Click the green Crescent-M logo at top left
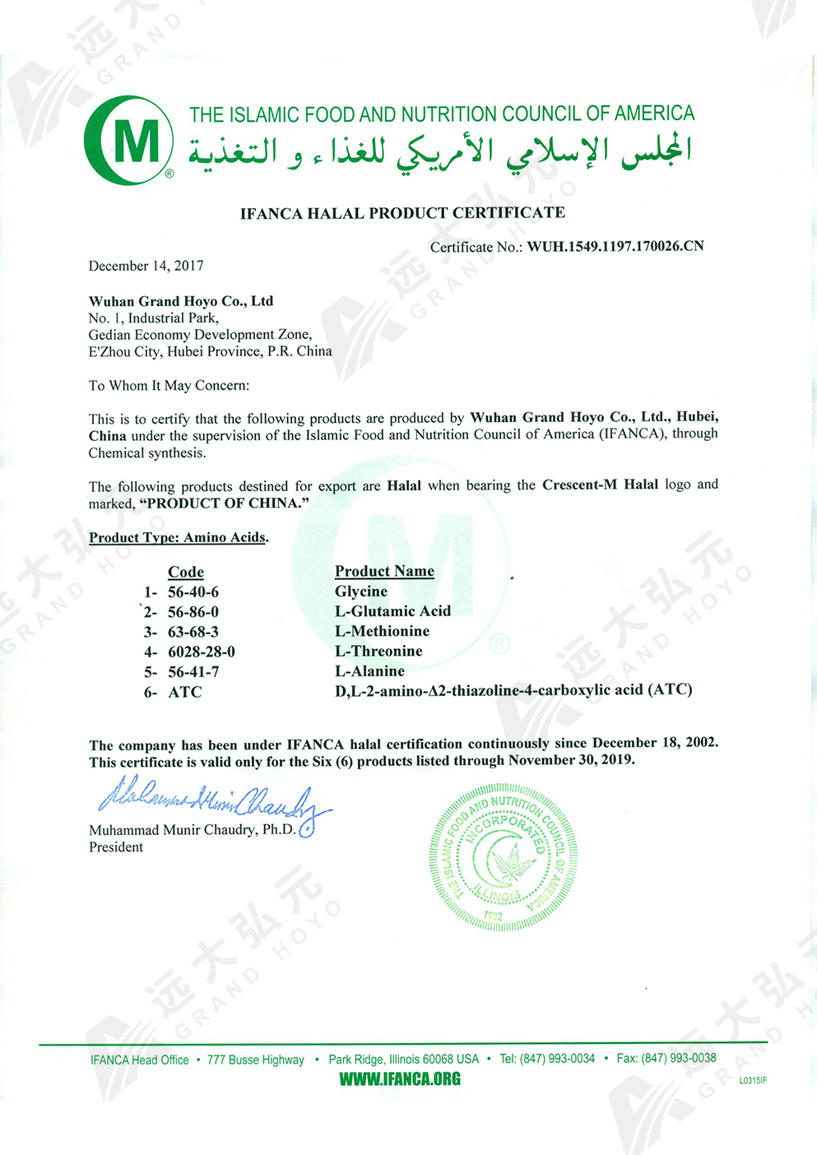pos(129,140)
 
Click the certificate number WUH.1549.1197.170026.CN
pos(615,246)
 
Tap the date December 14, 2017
pos(146,266)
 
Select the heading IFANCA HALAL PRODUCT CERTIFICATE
pos(402,213)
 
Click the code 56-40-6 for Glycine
pos(193,592)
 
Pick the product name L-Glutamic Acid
pos(392,611)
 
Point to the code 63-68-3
pos(193,632)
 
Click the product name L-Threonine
pos(378,652)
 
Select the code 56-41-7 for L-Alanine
pos(193,672)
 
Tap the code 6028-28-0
pos(201,652)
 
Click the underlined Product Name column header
pos(384,571)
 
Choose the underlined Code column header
pos(186,572)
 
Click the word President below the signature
pos(116,847)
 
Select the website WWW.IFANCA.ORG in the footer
pos(400,1079)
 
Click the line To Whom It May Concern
pos(169,385)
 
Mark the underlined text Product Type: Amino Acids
pos(178,537)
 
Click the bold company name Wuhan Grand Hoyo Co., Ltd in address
pos(181,301)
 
